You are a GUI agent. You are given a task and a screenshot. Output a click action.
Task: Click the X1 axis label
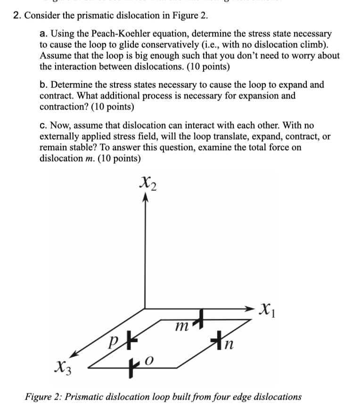(267, 310)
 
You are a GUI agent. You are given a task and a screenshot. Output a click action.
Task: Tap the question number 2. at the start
(17, 15)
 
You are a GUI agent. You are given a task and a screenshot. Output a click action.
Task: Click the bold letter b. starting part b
(44, 85)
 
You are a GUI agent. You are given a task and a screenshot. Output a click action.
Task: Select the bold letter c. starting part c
(43, 126)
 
